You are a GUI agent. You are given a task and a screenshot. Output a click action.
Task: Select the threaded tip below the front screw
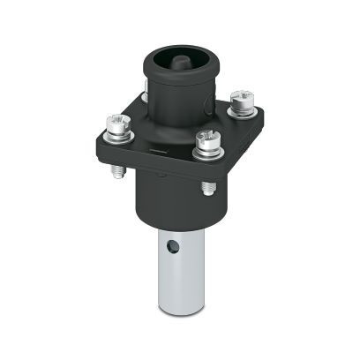click(206, 187)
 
